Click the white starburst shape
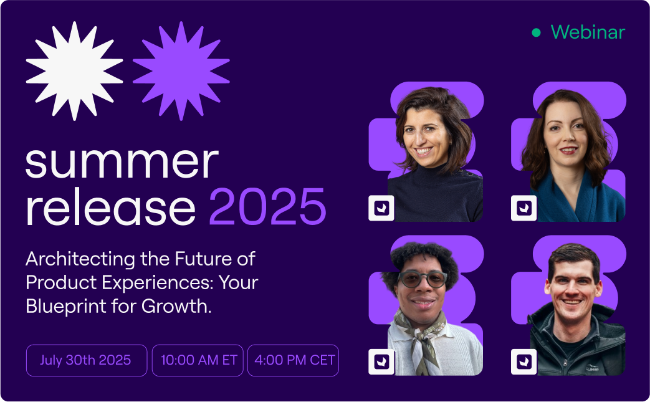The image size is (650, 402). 75,71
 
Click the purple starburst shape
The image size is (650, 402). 181,71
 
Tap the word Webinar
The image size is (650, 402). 588,32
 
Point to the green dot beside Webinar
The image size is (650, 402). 536,32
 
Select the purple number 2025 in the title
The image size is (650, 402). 268,206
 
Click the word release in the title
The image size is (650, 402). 110,206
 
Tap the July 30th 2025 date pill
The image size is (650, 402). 87,360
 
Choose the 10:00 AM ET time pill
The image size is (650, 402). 198,360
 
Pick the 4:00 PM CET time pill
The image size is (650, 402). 293,360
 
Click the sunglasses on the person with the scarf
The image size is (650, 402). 423,279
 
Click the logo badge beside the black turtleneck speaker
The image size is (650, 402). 381,208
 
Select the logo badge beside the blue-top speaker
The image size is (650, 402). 524,208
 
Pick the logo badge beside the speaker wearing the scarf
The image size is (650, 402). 381,361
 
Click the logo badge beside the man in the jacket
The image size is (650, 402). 524,361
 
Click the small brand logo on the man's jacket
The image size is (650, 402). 593,368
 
